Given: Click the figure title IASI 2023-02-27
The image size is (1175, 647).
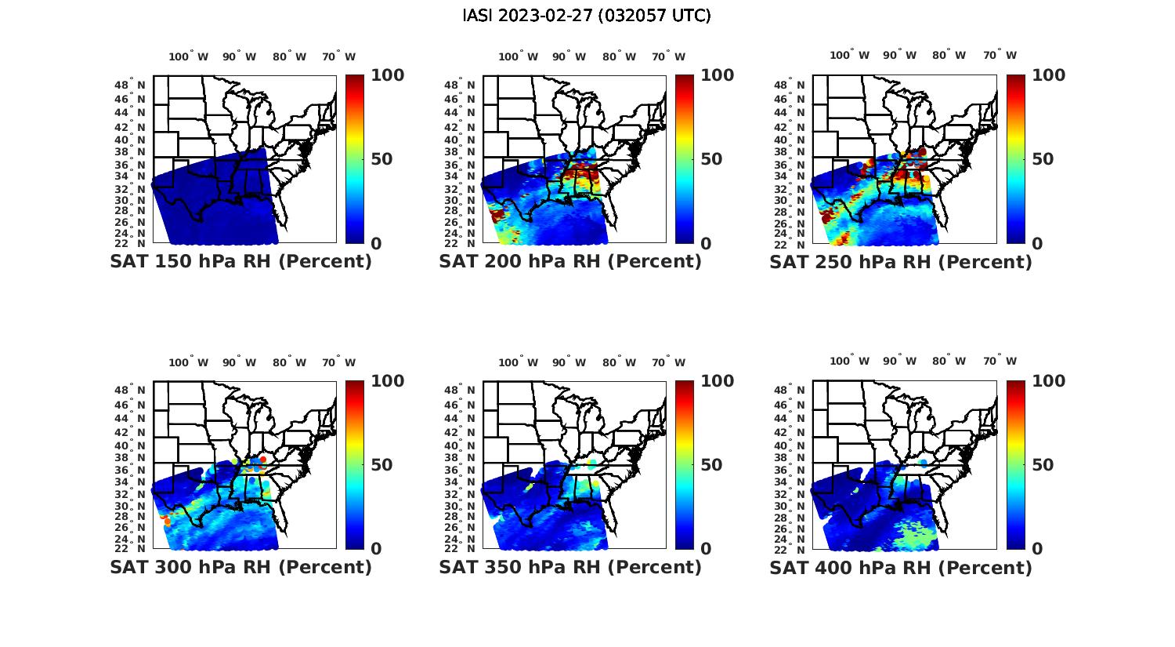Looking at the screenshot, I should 587,16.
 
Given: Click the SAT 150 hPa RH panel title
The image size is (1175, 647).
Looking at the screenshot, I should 241,262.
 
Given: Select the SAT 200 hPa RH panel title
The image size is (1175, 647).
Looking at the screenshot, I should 570,262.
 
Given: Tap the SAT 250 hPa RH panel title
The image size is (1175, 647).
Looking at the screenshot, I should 901,262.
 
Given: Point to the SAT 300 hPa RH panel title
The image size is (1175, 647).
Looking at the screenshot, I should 241,567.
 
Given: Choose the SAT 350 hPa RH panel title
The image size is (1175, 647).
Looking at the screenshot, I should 570,567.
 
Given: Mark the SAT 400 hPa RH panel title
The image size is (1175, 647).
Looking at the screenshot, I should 901,567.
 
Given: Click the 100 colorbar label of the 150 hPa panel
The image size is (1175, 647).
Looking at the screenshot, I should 387,75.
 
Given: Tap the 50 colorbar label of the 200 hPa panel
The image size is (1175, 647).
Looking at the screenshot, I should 711,159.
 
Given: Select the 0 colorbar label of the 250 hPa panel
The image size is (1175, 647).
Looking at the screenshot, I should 1037,244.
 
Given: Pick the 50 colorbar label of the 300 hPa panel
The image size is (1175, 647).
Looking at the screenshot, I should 381,465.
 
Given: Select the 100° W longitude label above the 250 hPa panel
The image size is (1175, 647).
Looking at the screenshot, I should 849,55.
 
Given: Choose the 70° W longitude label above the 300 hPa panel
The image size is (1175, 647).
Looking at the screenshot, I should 338,362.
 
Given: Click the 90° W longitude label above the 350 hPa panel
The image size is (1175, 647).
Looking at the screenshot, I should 569,362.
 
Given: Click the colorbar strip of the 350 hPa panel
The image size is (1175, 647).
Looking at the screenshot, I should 685,465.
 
